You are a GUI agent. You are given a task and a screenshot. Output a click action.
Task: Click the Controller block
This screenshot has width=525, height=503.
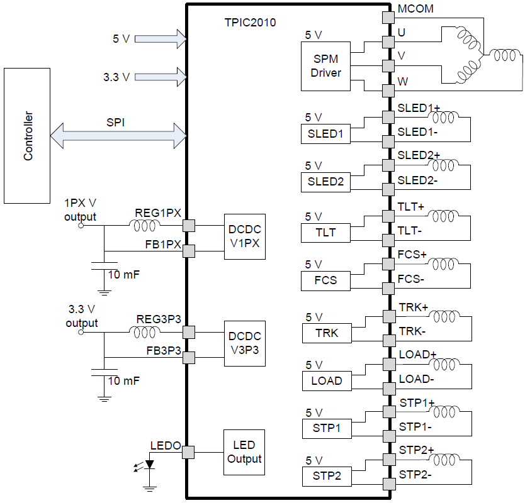[x=27, y=136]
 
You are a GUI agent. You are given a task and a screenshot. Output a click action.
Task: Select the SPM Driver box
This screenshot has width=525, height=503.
[x=326, y=66]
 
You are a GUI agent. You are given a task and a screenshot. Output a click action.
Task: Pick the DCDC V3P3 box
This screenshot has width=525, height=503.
[x=245, y=344]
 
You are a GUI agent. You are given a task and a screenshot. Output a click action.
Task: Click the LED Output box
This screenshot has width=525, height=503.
[x=244, y=452]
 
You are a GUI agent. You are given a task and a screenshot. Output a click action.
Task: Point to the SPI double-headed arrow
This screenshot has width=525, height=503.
[x=118, y=135]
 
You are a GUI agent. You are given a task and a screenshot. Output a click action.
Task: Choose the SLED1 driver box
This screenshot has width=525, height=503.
[x=326, y=134]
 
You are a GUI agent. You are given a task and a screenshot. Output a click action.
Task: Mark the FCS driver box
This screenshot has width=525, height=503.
[x=326, y=280]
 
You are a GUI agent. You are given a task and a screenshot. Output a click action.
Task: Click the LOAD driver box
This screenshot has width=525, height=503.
[x=326, y=380]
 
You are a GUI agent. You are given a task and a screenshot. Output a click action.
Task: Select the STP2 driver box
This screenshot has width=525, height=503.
[x=326, y=477]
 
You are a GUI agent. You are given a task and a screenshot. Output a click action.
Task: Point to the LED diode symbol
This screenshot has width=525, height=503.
[x=150, y=465]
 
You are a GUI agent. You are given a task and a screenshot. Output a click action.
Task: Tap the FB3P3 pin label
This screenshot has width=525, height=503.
[x=164, y=350]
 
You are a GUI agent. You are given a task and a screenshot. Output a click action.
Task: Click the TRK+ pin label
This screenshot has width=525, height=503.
[x=413, y=307]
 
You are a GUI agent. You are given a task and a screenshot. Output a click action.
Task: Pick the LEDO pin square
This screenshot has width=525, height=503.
[x=188, y=452]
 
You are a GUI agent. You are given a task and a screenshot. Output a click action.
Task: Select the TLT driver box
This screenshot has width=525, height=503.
[x=326, y=233]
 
